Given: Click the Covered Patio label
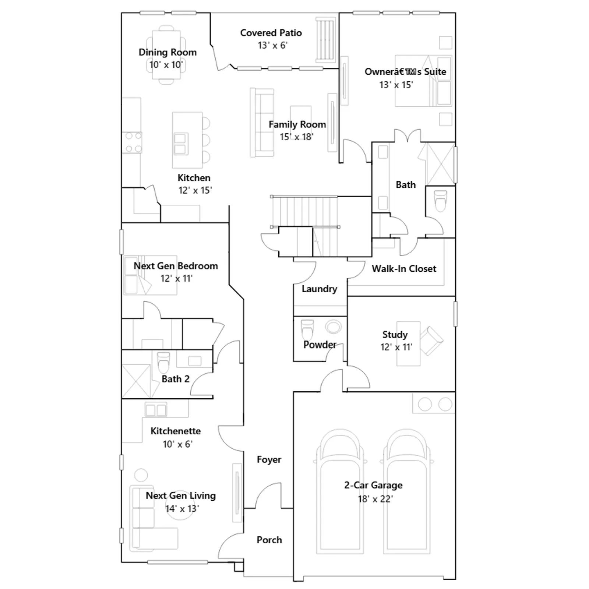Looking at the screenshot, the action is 271,33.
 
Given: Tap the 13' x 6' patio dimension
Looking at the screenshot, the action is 272,45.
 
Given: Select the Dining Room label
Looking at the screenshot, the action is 167,52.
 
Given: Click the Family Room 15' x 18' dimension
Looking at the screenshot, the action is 296,137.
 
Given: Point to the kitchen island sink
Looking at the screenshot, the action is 180,144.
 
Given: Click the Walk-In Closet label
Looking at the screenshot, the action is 404,269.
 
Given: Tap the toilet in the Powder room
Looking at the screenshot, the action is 307,330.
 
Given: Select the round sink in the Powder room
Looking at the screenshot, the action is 334,326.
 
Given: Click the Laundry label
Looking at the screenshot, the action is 319,289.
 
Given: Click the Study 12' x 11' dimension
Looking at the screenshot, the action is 396,347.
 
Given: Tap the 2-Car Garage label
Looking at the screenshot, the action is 373,485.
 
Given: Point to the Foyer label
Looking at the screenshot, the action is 269,459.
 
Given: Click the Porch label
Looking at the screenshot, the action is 269,540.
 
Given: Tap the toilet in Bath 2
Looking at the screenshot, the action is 163,363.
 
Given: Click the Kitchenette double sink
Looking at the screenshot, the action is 156,410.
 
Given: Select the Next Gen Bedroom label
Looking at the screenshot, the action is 176,266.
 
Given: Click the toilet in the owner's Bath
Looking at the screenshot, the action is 441,201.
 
